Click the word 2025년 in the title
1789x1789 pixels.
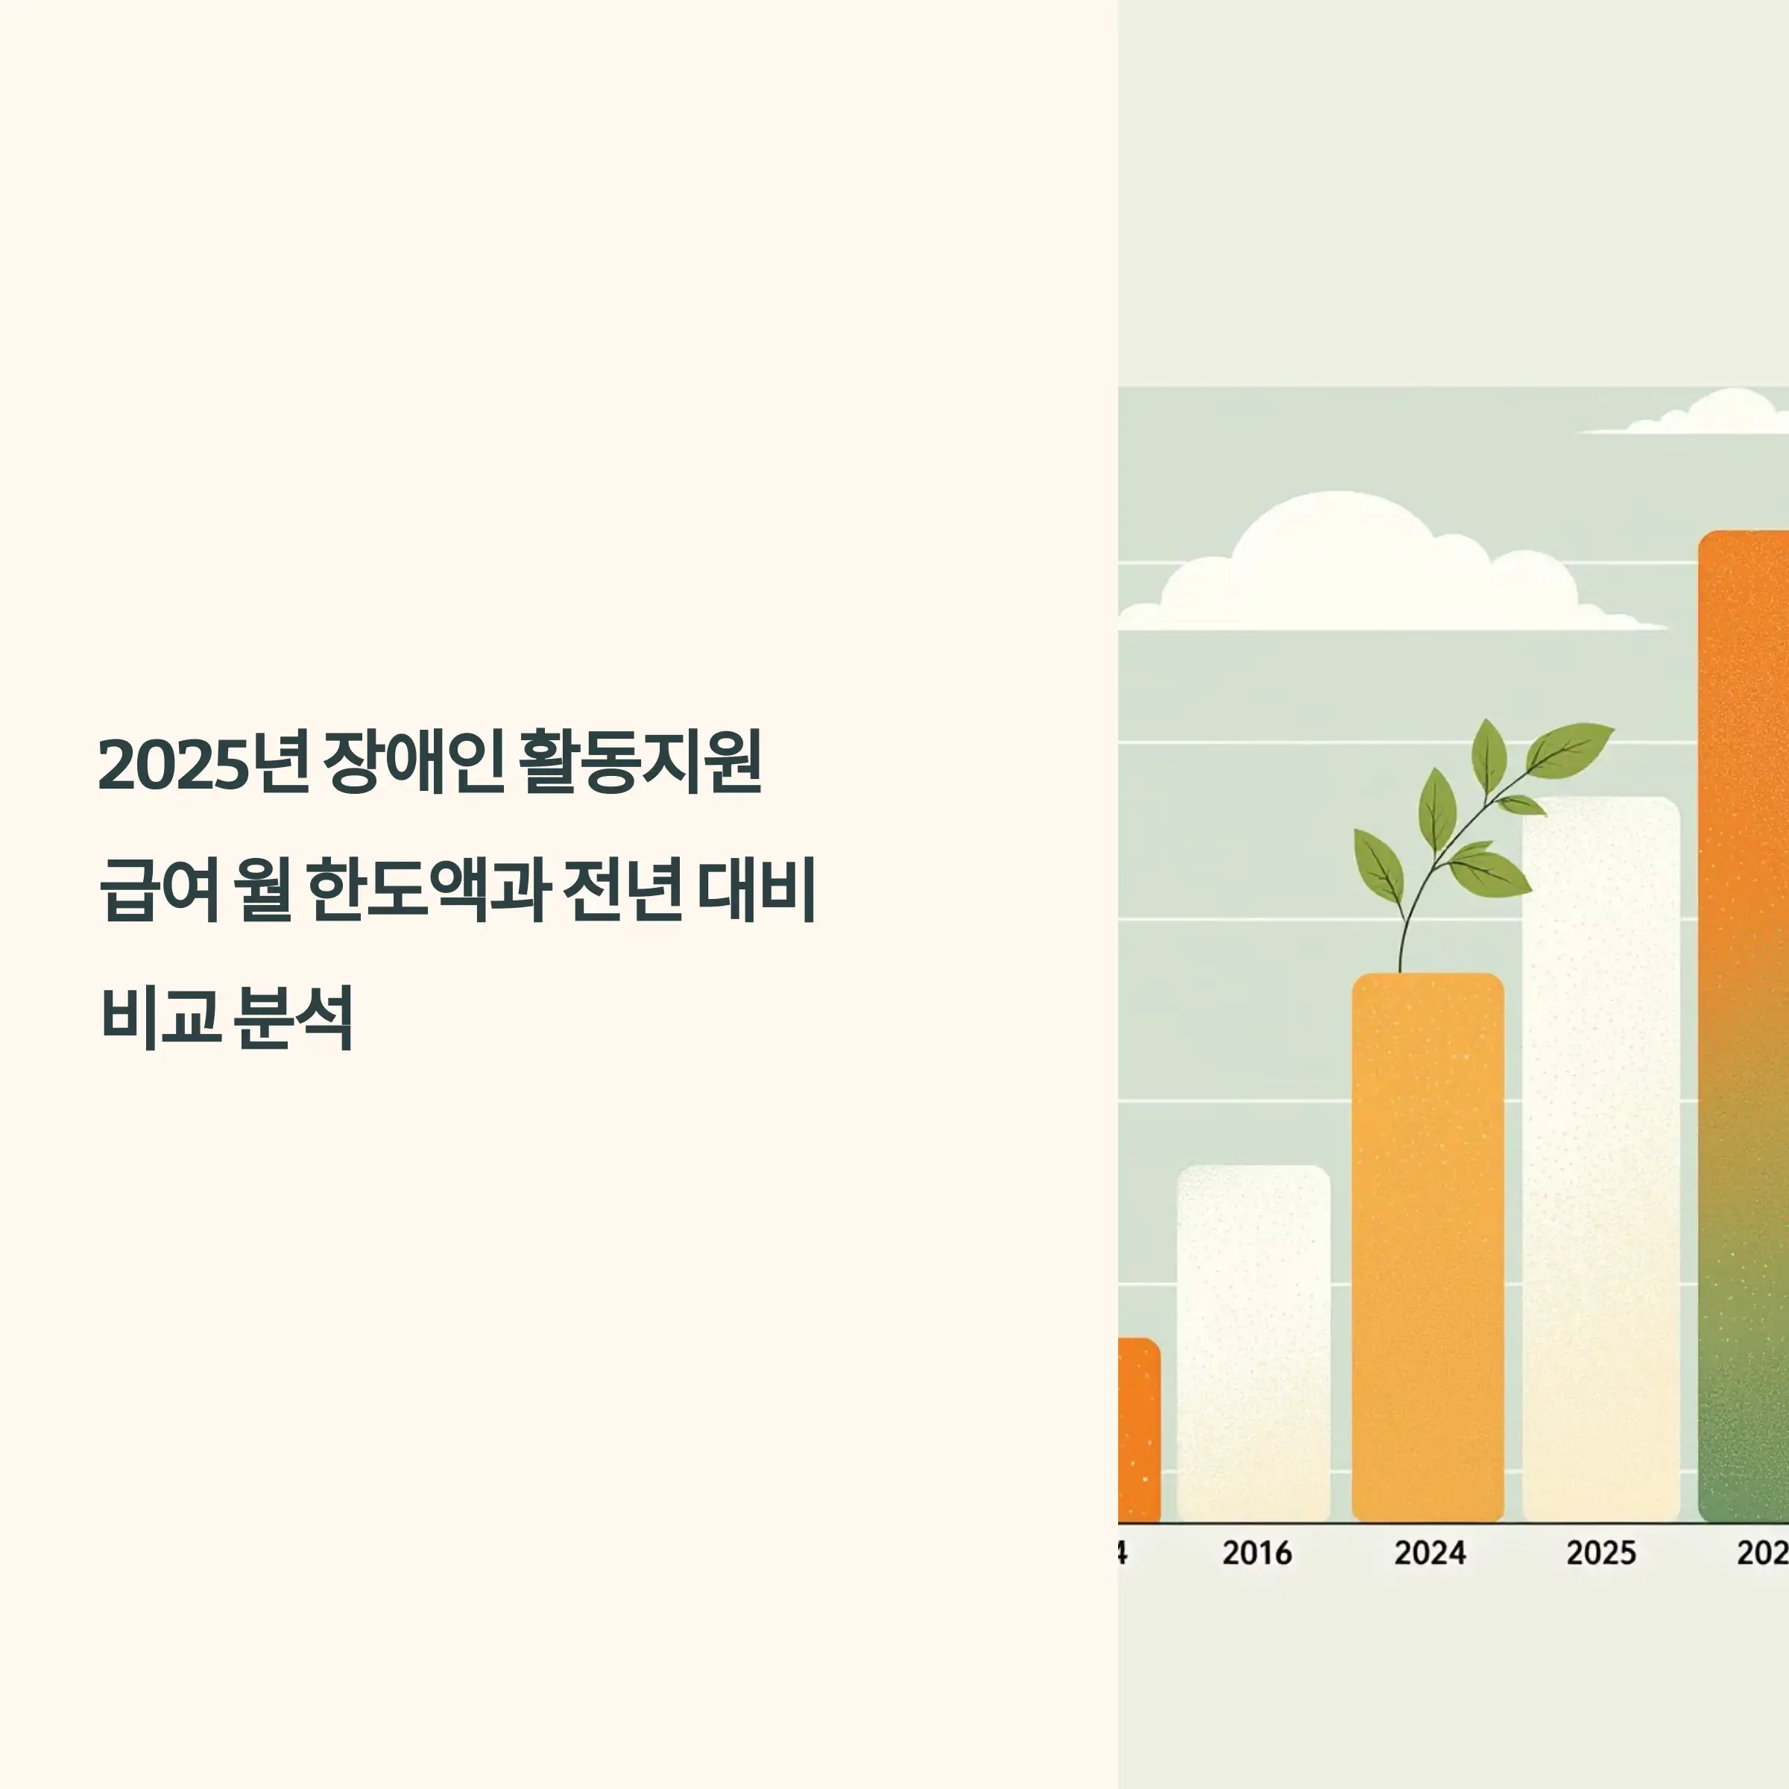pos(203,764)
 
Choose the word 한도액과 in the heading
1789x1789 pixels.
pos(428,890)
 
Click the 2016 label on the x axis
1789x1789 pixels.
pos(1257,1553)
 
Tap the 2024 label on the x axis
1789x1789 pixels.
pos(1430,1553)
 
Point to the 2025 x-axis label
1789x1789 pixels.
pos(1601,1553)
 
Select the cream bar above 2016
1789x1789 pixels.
pos(1254,1342)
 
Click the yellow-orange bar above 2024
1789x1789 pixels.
pos(1428,1250)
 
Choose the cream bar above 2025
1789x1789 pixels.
pos(1601,1158)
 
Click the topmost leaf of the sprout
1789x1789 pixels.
pos(1489,754)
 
